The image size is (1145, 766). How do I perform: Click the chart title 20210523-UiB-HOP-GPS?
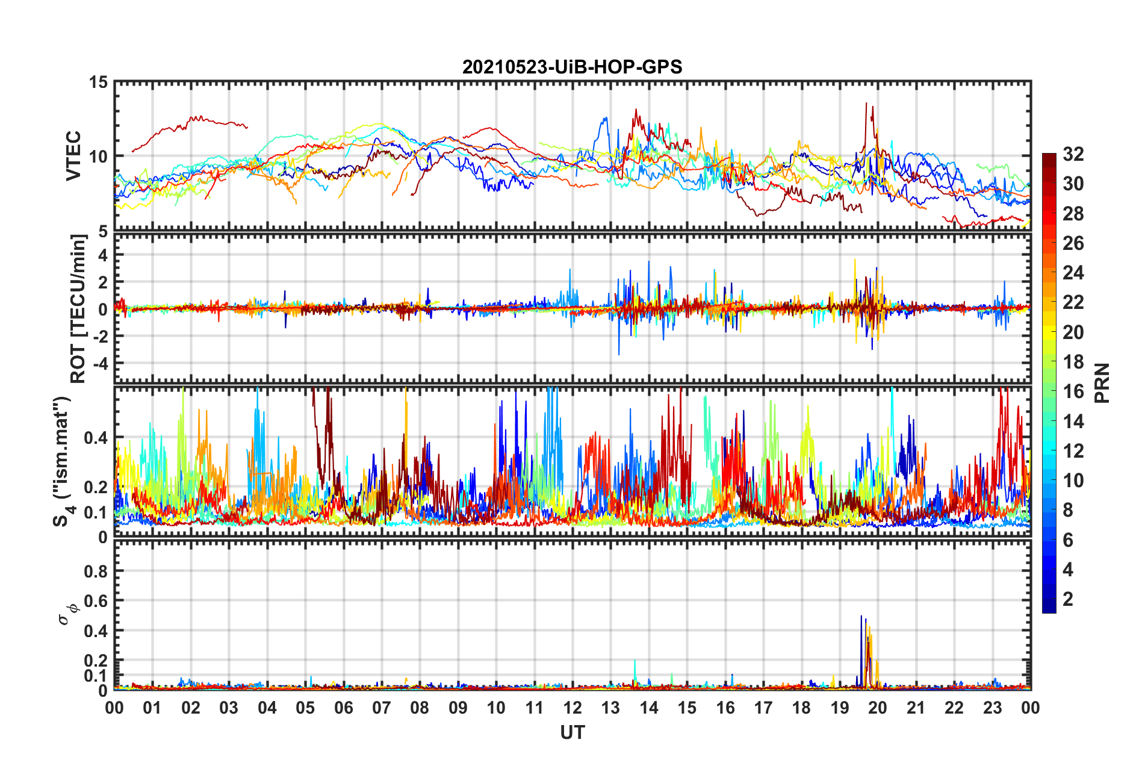point(572,67)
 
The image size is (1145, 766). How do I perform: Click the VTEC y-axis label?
point(73,155)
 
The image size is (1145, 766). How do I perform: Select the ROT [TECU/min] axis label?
point(78,308)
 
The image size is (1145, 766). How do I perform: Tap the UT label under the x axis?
point(572,732)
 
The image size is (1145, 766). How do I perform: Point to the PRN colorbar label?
point(1102,383)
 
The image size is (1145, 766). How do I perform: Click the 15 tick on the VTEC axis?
point(99,82)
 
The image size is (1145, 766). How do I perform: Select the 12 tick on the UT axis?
point(572,708)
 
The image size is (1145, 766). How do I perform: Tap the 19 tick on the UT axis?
point(840,708)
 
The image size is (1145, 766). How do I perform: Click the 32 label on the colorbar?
point(1073,154)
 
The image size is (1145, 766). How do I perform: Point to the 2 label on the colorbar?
point(1068,599)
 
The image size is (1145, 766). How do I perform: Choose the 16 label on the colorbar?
point(1073,391)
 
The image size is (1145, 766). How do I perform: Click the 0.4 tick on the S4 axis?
point(96,438)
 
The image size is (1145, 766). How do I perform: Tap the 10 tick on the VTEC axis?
point(99,157)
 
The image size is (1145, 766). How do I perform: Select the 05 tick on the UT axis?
point(305,708)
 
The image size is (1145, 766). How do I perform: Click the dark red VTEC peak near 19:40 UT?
point(866,104)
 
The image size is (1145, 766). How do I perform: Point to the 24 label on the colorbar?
point(1073,273)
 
